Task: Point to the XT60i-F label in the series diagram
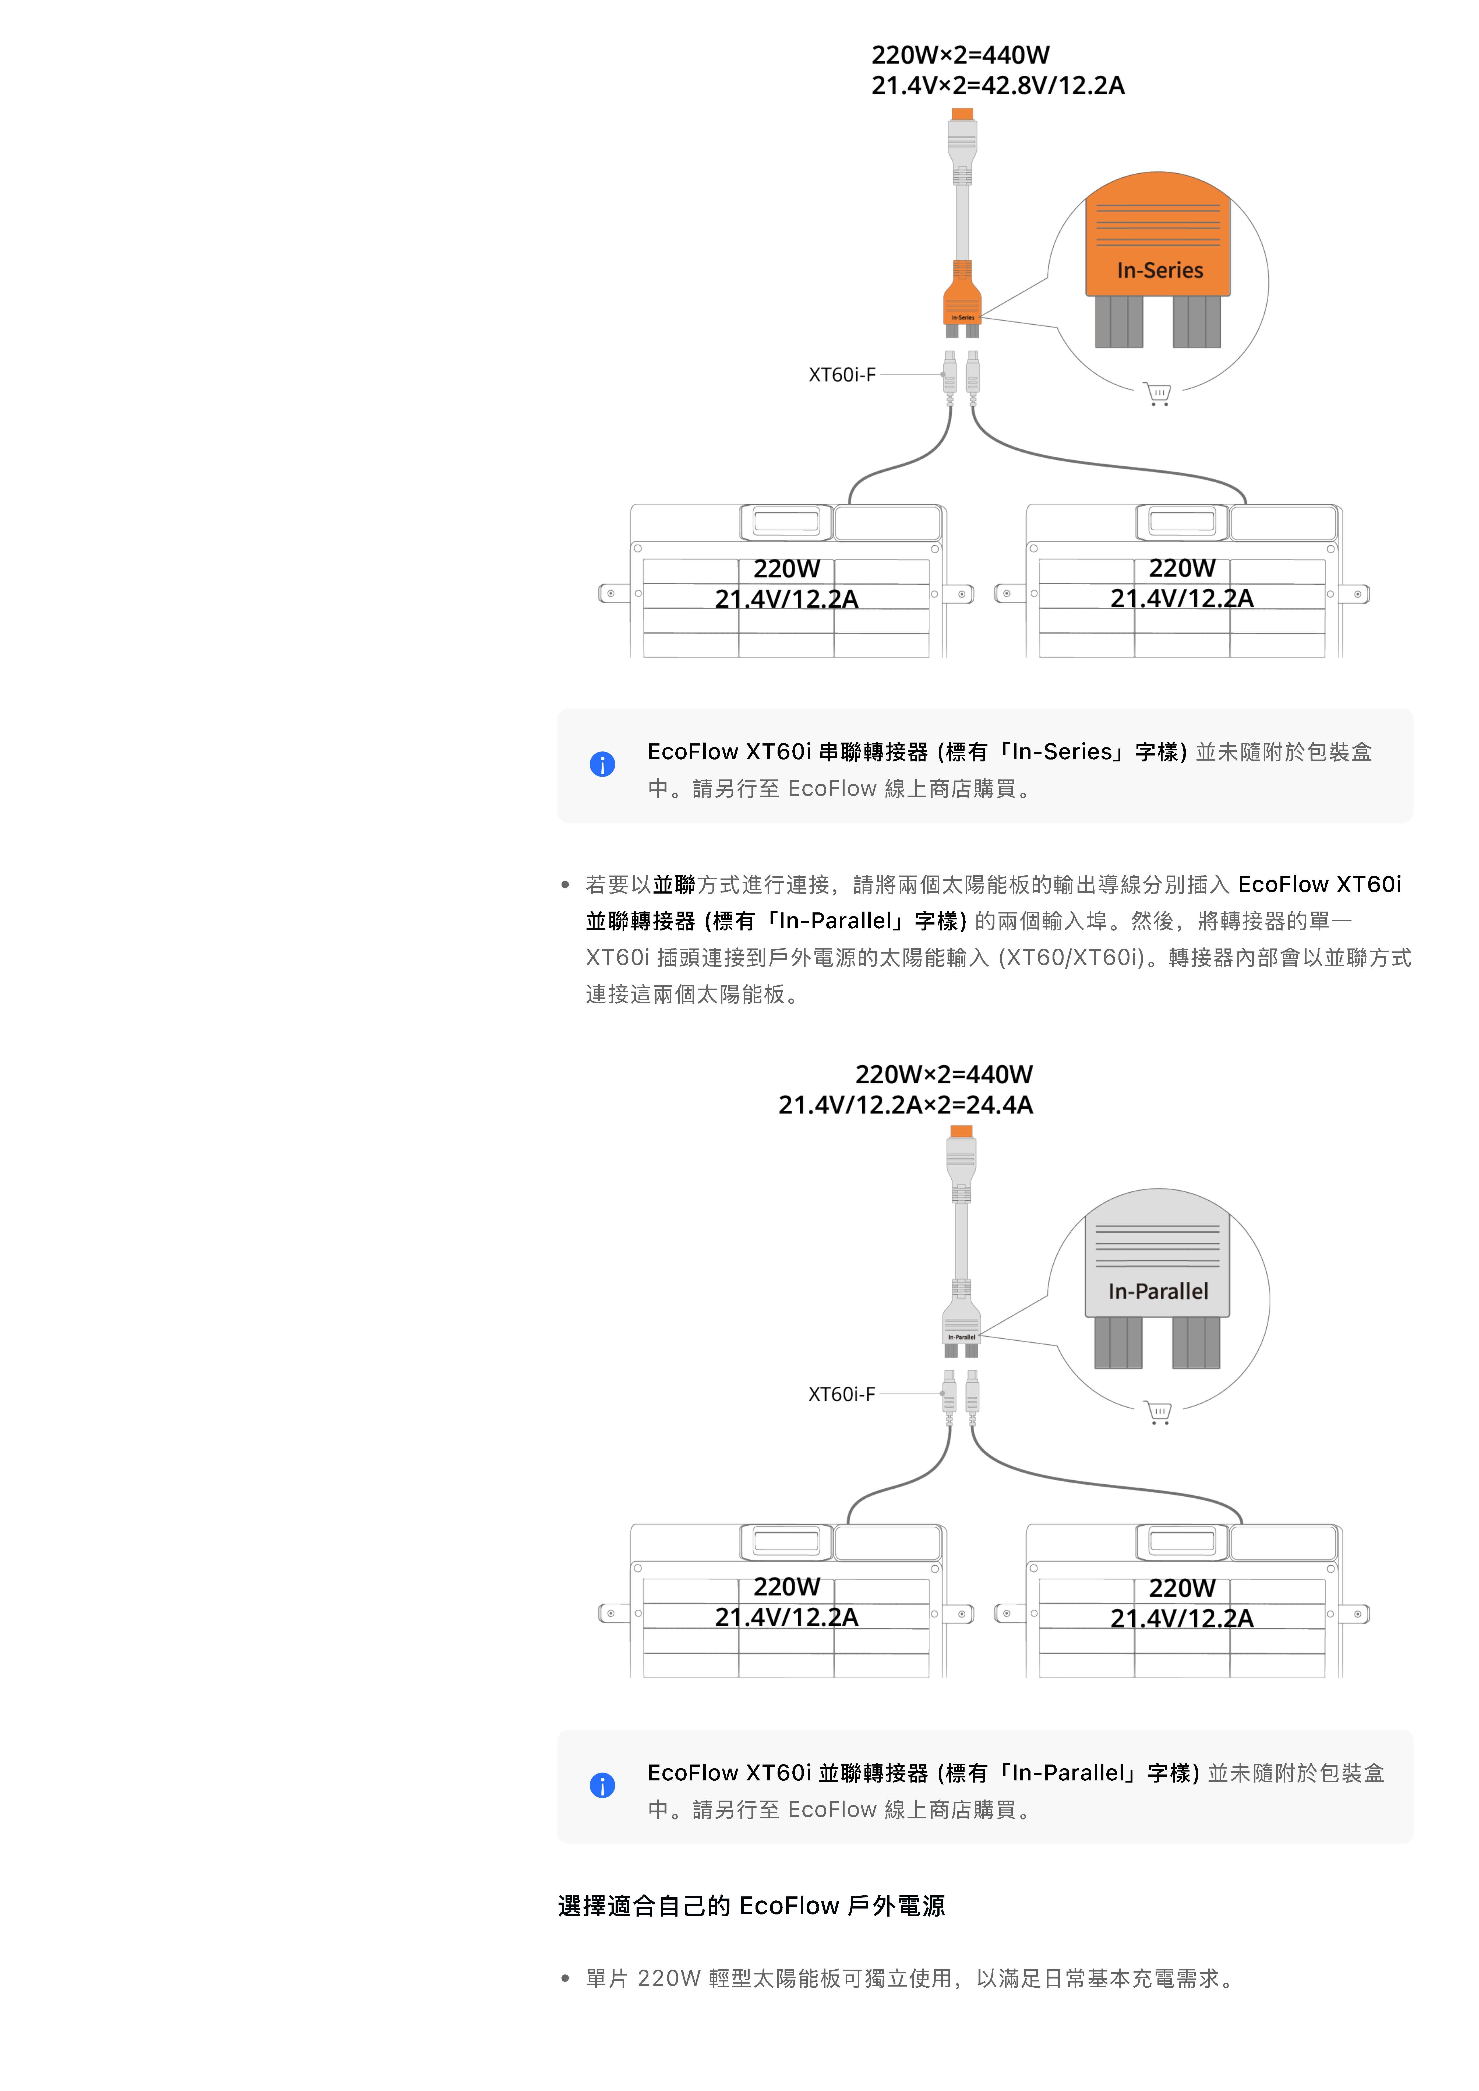pos(842,374)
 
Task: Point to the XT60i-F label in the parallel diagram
pos(842,1394)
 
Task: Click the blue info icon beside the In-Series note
pos(602,764)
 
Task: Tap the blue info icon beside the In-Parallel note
pos(602,1785)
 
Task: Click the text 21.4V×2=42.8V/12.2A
pos(997,86)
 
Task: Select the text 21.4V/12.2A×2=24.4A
pos(905,1105)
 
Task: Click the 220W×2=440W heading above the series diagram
pos(960,55)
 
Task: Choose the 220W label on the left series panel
pos(787,568)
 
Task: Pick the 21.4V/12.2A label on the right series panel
pos(1181,599)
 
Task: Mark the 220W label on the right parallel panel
pos(1181,1588)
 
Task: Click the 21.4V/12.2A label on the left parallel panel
pos(787,1617)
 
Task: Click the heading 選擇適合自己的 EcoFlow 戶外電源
pos(751,1906)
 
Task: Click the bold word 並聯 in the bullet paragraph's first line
pos(674,885)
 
